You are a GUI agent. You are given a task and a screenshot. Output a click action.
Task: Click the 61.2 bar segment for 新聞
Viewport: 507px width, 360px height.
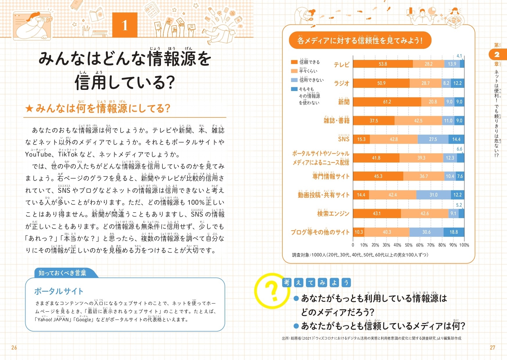click(387, 102)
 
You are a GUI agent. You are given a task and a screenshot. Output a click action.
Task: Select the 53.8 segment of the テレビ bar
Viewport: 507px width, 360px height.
click(383, 64)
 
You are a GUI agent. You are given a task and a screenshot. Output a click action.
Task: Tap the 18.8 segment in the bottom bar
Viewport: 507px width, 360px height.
click(454, 232)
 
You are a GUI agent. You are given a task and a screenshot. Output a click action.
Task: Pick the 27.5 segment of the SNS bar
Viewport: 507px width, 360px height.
click(433, 139)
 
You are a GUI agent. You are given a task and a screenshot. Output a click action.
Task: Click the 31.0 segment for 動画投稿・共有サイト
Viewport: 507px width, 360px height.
click(433, 195)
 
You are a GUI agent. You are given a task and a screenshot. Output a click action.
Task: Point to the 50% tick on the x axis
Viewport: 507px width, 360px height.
click(409, 245)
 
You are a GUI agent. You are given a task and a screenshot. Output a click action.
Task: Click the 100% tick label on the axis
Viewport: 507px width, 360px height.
click(464, 245)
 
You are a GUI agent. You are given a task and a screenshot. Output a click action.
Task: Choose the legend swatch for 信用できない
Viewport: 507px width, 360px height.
click(294, 80)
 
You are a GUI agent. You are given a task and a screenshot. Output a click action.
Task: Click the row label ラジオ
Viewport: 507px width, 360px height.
click(341, 83)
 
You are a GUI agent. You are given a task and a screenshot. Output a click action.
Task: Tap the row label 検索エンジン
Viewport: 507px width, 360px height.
click(333, 214)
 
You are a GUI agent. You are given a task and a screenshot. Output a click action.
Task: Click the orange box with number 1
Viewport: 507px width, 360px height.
click(125, 25)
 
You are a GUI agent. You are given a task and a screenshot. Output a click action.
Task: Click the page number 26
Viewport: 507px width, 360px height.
click(14, 347)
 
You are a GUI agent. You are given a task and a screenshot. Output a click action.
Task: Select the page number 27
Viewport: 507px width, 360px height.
click(492, 347)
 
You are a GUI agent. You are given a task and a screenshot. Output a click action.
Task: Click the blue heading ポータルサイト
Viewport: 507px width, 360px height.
click(59, 291)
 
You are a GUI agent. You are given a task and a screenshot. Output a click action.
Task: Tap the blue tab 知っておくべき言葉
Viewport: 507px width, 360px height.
click(62, 273)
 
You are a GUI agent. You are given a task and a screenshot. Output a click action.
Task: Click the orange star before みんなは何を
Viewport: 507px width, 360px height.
click(29, 109)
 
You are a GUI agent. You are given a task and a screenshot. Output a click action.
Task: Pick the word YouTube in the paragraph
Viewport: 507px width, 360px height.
click(38, 154)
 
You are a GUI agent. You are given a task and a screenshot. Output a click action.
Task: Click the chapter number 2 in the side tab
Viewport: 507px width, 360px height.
click(497, 54)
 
